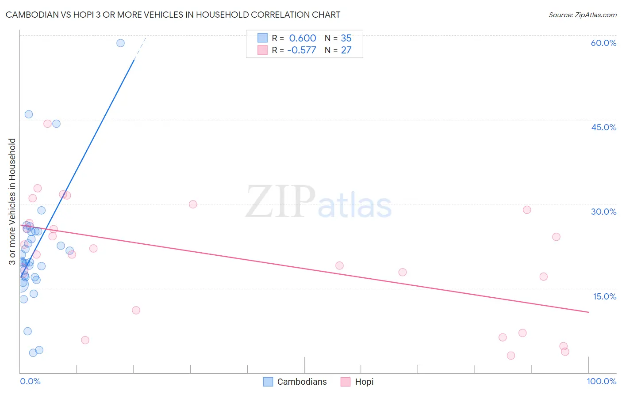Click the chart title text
click(173, 15)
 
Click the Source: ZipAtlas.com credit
click(582, 15)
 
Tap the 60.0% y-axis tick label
click(603, 43)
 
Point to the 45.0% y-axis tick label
click(603, 127)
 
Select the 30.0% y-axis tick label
click(603, 212)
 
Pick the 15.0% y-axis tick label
click(604, 296)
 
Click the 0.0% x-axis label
click(30, 381)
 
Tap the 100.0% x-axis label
click(601, 381)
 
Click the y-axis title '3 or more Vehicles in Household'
click(12, 201)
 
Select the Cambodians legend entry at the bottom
click(295, 382)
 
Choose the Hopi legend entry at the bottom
click(357, 382)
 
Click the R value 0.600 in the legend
click(303, 38)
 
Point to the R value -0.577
click(302, 50)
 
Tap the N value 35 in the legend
click(346, 38)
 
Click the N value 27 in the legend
click(346, 50)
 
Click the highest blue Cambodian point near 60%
click(120, 43)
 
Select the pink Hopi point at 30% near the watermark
click(193, 204)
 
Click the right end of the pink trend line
click(588, 312)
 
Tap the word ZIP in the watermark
click(280, 202)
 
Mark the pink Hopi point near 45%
click(47, 124)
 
